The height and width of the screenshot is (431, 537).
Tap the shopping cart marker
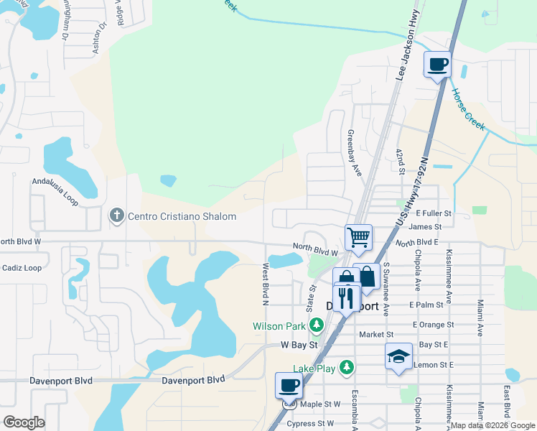358,236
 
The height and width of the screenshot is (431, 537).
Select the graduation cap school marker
398,356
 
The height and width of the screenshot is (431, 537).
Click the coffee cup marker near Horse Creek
437,65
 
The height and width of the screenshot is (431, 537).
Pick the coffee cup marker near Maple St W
289,385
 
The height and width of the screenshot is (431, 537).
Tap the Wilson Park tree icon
316,326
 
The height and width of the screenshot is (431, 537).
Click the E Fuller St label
434,213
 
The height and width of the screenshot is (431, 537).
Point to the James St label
427,226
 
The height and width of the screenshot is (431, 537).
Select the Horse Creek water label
468,110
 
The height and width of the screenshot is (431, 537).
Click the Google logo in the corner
24,422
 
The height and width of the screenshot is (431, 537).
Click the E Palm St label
424,305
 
